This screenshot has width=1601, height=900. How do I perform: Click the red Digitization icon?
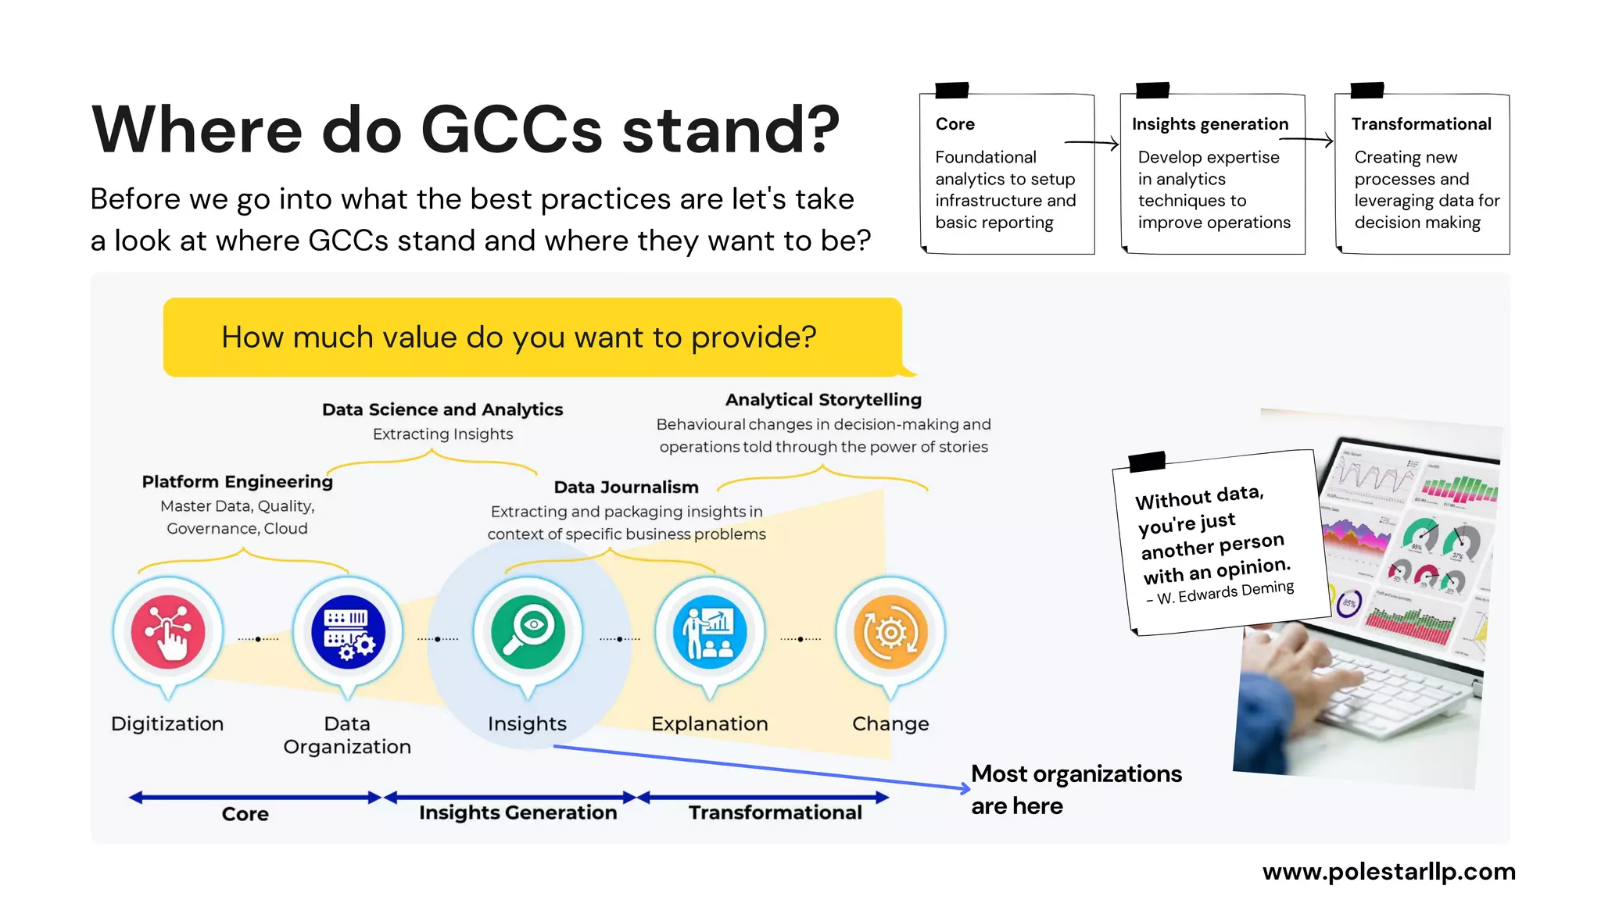[x=168, y=632]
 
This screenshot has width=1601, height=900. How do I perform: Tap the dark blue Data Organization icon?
[x=348, y=632]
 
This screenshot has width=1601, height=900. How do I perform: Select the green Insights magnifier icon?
[x=528, y=632]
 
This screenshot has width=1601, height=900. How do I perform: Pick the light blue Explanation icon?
[x=709, y=632]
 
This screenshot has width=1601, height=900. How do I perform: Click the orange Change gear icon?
[x=890, y=632]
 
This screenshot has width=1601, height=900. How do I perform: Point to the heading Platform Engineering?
[x=237, y=481]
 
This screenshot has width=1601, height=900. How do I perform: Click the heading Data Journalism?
[x=626, y=487]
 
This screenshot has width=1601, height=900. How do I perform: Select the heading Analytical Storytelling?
[x=823, y=399]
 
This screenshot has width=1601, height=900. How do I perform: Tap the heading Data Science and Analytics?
[x=442, y=409]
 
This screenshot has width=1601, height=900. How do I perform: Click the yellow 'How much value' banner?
[x=532, y=337]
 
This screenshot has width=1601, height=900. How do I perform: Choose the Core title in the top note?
[x=955, y=124]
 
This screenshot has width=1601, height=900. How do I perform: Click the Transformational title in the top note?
[x=1421, y=124]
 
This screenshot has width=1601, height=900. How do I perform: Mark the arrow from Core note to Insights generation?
[x=1091, y=143]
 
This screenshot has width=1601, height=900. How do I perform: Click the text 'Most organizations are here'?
[x=1076, y=789]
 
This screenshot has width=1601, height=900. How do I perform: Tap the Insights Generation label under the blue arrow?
[x=518, y=812]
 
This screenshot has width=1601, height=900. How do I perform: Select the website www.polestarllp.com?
[x=1388, y=871]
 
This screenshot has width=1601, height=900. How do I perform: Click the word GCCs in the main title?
[x=511, y=130]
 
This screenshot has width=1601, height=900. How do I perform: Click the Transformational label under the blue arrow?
[x=775, y=812]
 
